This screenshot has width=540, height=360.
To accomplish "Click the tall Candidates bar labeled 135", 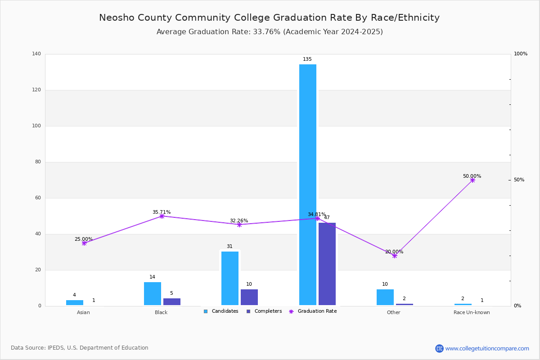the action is pyautogui.click(x=308, y=184).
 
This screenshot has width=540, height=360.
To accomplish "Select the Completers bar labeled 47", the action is pyautogui.click(x=327, y=264).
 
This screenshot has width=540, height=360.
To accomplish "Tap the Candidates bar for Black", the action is pyautogui.click(x=153, y=294).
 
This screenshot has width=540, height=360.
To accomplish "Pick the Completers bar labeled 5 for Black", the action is pyautogui.click(x=171, y=302).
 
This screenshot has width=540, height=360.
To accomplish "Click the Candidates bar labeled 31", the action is pyautogui.click(x=230, y=279).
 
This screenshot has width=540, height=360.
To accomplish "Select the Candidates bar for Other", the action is pyautogui.click(x=385, y=297).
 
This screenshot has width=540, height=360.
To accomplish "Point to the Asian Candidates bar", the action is pyautogui.click(x=75, y=302).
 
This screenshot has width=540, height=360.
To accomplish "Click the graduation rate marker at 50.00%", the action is pyautogui.click(x=472, y=180).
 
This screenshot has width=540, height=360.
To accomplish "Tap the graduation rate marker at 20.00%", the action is pyautogui.click(x=394, y=256).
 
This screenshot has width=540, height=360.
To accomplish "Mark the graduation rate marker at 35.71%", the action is pyautogui.click(x=162, y=216).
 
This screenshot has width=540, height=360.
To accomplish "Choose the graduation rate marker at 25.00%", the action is pyautogui.click(x=84, y=243).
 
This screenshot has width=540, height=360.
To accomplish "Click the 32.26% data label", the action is pyautogui.click(x=239, y=220).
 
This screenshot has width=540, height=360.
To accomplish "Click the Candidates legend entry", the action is pyautogui.click(x=221, y=311).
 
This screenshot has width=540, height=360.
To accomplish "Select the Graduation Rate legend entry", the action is pyautogui.click(x=313, y=311).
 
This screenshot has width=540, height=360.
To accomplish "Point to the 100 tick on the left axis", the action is pyautogui.click(x=36, y=126).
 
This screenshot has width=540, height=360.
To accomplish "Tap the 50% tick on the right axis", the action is pyautogui.click(x=519, y=180).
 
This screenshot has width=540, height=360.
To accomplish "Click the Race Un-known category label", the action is pyautogui.click(x=472, y=312).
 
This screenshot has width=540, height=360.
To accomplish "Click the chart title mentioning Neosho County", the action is pyautogui.click(x=269, y=18).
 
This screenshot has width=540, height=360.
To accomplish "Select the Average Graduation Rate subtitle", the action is pyautogui.click(x=270, y=32).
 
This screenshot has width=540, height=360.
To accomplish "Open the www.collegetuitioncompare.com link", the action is pyautogui.click(x=487, y=348).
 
